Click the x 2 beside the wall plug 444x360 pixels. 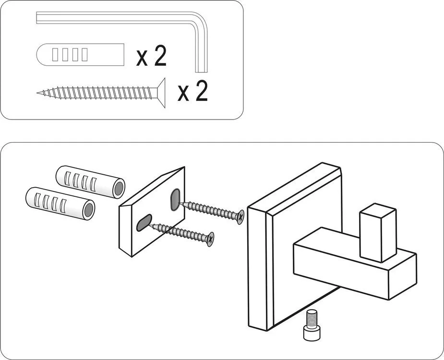pos(152,57)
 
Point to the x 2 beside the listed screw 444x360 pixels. pos(193,91)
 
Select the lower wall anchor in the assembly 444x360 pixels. pos(60,202)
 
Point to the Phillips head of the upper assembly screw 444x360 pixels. pos(240,217)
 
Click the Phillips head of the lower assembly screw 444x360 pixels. pos(210,239)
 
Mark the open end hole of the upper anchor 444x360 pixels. pos(117,187)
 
